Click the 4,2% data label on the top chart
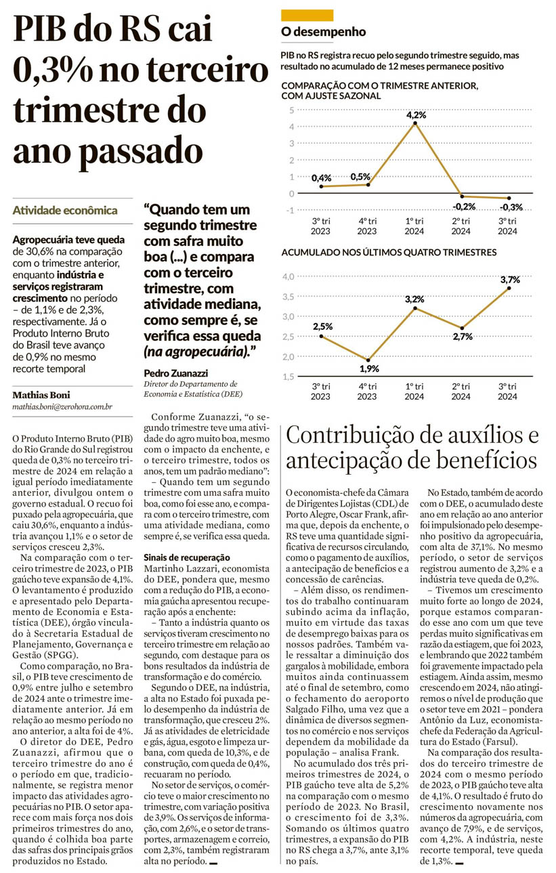click(x=416, y=115)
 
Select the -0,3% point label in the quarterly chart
click(x=512, y=207)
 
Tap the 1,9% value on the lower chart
click(x=369, y=368)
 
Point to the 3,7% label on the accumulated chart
click(x=510, y=280)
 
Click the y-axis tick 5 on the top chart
click(x=291, y=110)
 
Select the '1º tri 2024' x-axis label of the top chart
click(x=414, y=226)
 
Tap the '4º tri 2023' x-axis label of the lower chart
click(x=367, y=391)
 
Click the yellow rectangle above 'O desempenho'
click(x=307, y=15)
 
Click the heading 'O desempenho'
click(x=324, y=32)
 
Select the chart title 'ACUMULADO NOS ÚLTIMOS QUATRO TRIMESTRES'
click(x=389, y=252)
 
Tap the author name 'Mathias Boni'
click(x=41, y=395)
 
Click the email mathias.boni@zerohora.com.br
click(x=62, y=408)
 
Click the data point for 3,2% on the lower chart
click(x=415, y=308)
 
